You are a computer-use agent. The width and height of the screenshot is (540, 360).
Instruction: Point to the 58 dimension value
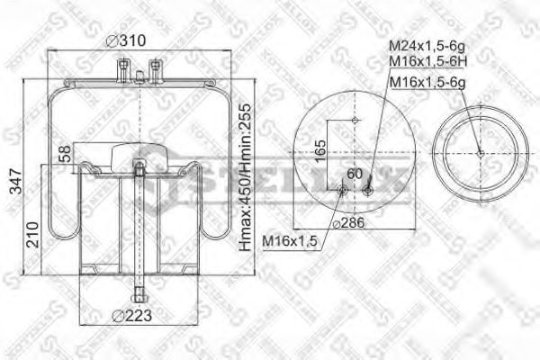point(64,155)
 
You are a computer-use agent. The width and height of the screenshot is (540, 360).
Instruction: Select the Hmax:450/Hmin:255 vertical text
point(243,177)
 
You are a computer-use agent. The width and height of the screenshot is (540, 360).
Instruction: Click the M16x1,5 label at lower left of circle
point(288,240)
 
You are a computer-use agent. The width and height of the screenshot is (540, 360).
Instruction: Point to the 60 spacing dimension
point(354,173)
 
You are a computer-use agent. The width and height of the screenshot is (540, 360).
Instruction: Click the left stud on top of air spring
point(120,67)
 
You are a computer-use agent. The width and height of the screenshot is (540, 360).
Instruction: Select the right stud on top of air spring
point(156,67)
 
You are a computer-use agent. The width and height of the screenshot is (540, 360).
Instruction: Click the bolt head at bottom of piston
point(138,293)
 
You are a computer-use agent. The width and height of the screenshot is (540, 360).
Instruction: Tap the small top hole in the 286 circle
point(355,120)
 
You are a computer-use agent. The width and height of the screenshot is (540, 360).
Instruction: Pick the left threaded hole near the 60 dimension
point(341,189)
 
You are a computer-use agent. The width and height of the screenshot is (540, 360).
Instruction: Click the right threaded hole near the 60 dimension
point(370,188)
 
